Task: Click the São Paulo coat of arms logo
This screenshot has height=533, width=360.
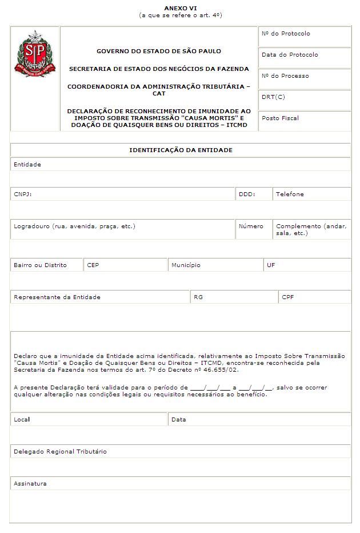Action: (x=35, y=54)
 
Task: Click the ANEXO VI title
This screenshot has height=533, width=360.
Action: (x=180, y=8)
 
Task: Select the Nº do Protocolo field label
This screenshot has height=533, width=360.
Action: (x=286, y=34)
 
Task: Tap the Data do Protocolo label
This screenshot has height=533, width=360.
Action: (x=290, y=55)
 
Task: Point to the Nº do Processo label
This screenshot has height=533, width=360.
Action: (x=285, y=76)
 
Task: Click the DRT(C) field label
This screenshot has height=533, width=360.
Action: (x=273, y=97)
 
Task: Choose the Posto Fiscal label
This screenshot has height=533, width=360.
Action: (x=280, y=118)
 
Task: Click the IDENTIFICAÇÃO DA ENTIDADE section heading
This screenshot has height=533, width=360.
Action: (x=181, y=150)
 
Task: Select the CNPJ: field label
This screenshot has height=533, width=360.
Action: (x=23, y=194)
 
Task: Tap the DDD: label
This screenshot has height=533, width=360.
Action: (x=246, y=194)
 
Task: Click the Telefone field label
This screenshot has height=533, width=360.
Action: (x=290, y=194)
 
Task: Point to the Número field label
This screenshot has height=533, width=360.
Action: (x=251, y=226)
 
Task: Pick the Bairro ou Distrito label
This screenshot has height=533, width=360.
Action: (x=40, y=265)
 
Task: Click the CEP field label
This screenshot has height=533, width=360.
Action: (x=93, y=265)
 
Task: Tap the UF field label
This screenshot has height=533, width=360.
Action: (x=271, y=265)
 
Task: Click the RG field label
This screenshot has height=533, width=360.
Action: (x=198, y=297)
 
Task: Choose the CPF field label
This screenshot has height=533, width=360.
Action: (x=288, y=297)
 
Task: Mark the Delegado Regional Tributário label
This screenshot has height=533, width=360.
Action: (x=60, y=452)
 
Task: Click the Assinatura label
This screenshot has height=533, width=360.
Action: (x=30, y=484)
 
